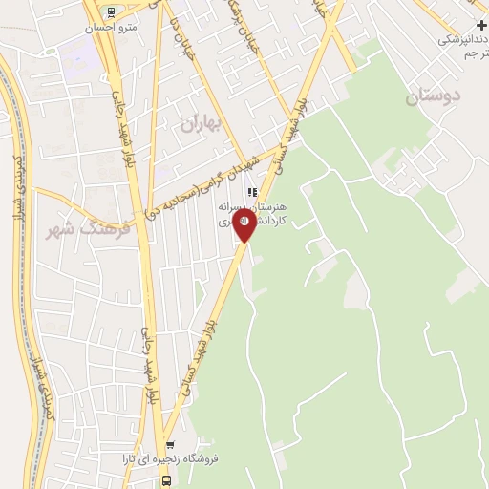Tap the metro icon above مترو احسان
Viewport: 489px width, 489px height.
(111, 12)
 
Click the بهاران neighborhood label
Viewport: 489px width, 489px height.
(200, 122)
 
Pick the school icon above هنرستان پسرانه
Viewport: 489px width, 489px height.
(251, 193)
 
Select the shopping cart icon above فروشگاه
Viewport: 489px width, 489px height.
(170, 445)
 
